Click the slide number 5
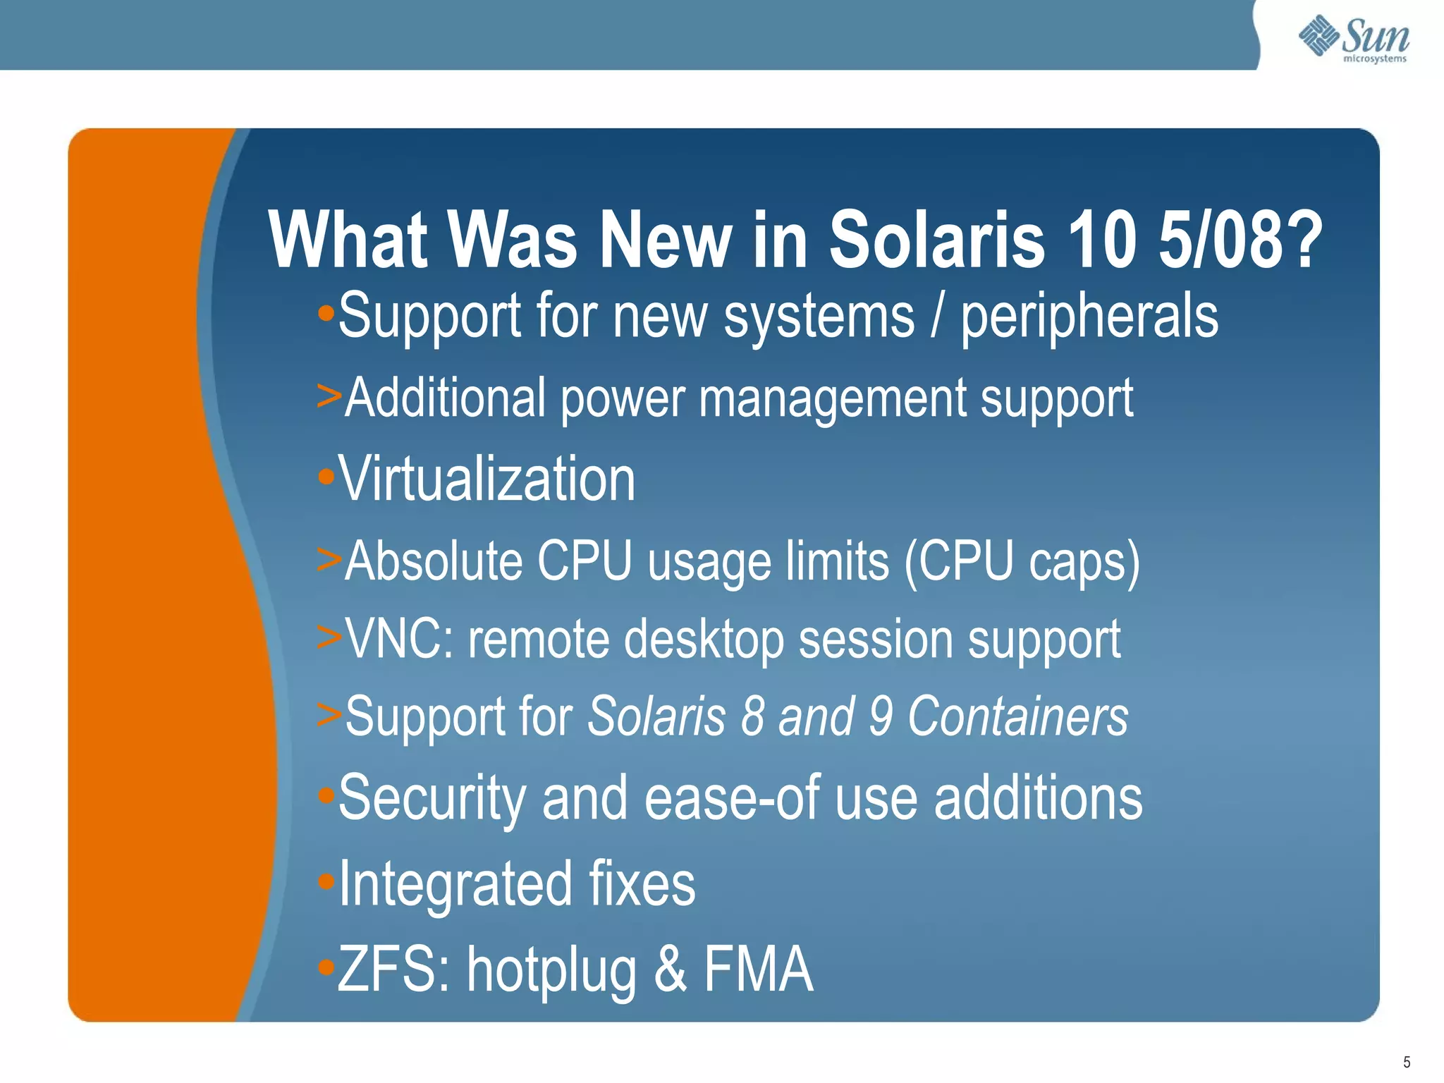(x=1407, y=1062)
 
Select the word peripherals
(x=1089, y=317)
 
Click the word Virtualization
(x=487, y=479)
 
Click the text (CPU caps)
(x=1022, y=563)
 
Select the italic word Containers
(x=1017, y=716)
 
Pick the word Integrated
(x=455, y=884)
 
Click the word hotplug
(x=552, y=972)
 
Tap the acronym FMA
(x=759, y=969)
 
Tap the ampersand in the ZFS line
(x=670, y=969)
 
